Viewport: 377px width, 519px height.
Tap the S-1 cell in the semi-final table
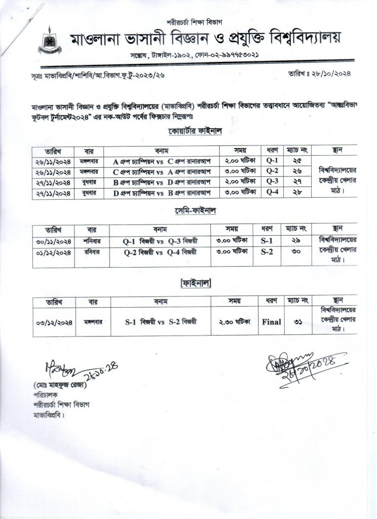point(267,241)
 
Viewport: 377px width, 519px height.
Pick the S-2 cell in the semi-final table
point(267,251)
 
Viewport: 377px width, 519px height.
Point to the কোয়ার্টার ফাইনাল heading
point(197,132)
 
